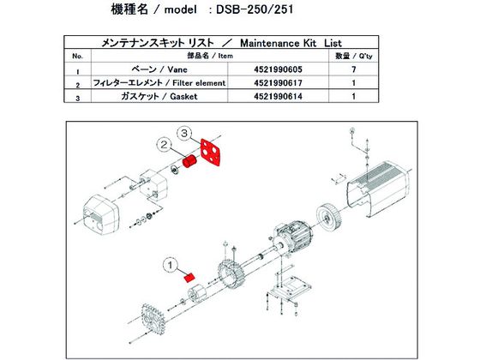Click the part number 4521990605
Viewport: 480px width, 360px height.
[278, 69]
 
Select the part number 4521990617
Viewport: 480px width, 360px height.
[278, 83]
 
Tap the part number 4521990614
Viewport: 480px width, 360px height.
[278, 96]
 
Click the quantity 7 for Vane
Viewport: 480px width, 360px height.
[354, 69]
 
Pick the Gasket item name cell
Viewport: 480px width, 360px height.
[159, 96]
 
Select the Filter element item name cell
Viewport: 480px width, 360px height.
[159, 83]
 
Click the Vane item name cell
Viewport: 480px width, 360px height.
[159, 69]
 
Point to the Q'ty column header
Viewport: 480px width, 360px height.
[354, 56]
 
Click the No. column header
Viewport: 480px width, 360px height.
[77, 57]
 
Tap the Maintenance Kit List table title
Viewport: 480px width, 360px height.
[221, 43]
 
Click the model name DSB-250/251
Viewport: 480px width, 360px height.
[255, 9]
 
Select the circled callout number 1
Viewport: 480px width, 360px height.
[171, 265]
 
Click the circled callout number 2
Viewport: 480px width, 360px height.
[165, 145]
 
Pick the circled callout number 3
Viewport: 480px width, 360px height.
[184, 134]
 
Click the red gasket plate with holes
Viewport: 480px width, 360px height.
[211, 152]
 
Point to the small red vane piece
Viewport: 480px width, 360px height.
[189, 278]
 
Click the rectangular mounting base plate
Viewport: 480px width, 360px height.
[291, 288]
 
